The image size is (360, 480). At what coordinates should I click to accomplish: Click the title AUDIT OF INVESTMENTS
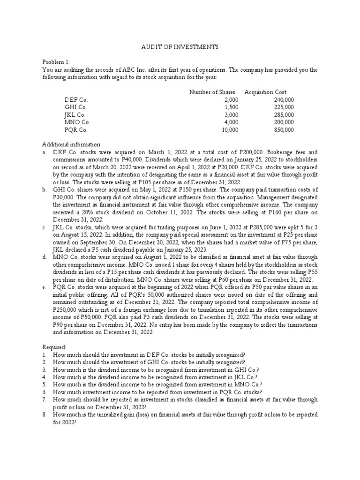[x=180, y=47]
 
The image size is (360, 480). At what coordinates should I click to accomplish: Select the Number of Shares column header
[x=212, y=92]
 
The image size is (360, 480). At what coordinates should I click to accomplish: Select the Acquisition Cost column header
[x=265, y=92]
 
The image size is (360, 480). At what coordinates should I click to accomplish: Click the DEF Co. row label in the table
[x=76, y=100]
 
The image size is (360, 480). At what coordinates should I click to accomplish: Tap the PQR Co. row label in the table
[x=76, y=130]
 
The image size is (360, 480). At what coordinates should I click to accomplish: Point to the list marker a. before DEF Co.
[x=44, y=152]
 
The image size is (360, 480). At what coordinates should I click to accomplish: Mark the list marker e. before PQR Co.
[x=44, y=287]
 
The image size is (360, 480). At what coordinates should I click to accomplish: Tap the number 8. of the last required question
[x=45, y=415]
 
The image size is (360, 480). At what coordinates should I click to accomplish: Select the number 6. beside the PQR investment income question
[x=45, y=392]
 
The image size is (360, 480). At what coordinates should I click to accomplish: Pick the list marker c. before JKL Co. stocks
[x=44, y=227]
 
